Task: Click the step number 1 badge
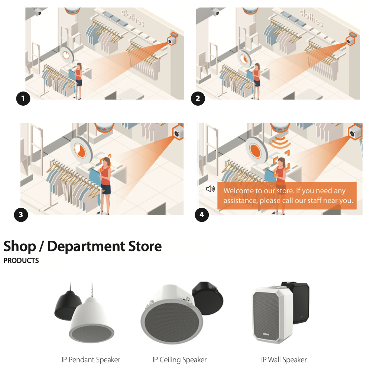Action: [23, 99]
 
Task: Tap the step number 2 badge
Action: [198, 99]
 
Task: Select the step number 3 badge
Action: [21, 215]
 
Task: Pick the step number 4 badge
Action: [202, 215]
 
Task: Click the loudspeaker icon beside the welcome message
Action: [210, 189]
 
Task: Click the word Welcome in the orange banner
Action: [238, 191]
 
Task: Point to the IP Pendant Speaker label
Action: [91, 360]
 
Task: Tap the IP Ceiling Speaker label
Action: [179, 360]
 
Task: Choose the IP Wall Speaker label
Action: [284, 360]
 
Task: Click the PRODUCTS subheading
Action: [21, 260]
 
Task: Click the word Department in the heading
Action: [86, 247]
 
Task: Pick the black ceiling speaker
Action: [208, 298]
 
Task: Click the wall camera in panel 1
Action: [172, 39]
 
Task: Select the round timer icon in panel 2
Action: [244, 58]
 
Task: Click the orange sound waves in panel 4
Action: [280, 142]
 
